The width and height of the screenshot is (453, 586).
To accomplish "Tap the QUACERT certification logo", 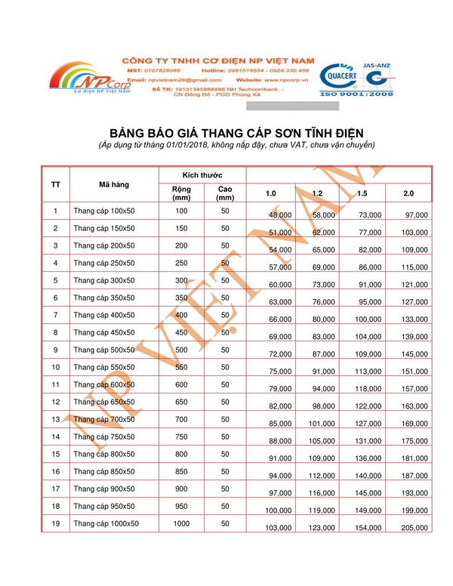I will (x=343, y=76).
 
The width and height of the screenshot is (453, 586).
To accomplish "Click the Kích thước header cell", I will (x=202, y=174).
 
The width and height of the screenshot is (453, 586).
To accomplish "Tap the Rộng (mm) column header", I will (x=181, y=193).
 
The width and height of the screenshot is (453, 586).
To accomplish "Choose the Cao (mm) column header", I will (x=225, y=193).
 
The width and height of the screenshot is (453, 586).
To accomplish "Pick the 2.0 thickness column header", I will (x=408, y=194).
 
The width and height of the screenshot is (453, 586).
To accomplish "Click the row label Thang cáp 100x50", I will (x=103, y=211).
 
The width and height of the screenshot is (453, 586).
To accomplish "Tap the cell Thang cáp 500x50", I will (x=103, y=350).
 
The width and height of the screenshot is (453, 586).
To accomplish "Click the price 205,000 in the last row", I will (x=413, y=528).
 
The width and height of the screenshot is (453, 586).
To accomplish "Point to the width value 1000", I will (x=181, y=523).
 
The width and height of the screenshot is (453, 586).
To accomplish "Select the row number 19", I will (x=56, y=523).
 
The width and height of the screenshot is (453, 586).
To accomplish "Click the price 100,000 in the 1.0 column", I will (x=277, y=510).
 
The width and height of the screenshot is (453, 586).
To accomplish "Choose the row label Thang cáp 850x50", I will (x=103, y=471).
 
